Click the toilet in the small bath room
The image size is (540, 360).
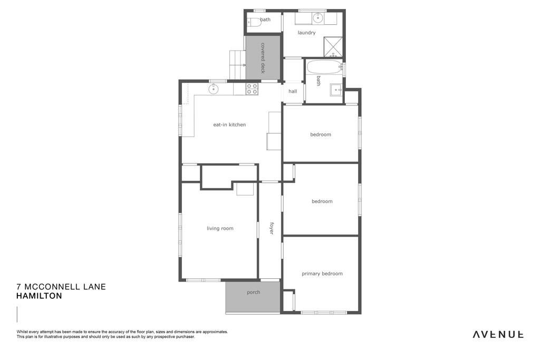pyautogui.click(x=254, y=22)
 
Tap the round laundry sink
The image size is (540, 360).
pyautogui.click(x=318, y=17)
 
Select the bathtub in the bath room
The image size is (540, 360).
pyautogui.click(x=323, y=67)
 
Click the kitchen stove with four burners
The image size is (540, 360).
pyautogui.click(x=252, y=89)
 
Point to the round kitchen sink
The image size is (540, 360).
pyautogui.click(x=214, y=89)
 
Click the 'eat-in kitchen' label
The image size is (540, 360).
pyautogui.click(x=229, y=125)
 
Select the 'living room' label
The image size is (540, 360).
pyautogui.click(x=220, y=229)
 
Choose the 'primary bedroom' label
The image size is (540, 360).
pyautogui.click(x=322, y=274)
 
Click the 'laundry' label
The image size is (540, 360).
pyautogui.click(x=306, y=33)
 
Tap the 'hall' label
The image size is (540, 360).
pyautogui.click(x=293, y=91)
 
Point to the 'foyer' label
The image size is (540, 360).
pyautogui.click(x=271, y=228)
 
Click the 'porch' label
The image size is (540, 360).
pyautogui.click(x=254, y=293)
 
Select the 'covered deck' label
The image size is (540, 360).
pyautogui.click(x=263, y=58)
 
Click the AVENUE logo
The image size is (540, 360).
pyautogui.click(x=498, y=334)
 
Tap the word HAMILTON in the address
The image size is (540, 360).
pyautogui.click(x=39, y=296)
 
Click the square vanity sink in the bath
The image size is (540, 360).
pyautogui.click(x=336, y=90)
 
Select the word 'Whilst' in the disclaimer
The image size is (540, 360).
pyautogui.click(x=22, y=332)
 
